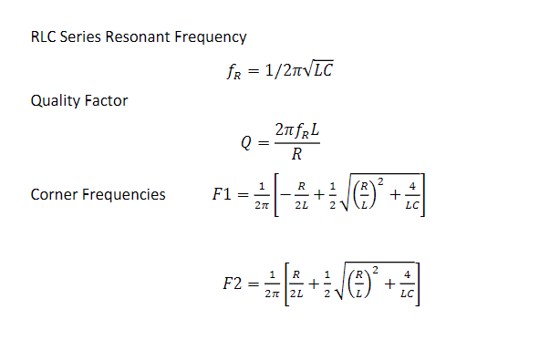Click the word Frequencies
pos(123,194)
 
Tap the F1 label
pos(221,194)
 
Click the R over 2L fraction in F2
pos(296,284)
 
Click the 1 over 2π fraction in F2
pos(271,284)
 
